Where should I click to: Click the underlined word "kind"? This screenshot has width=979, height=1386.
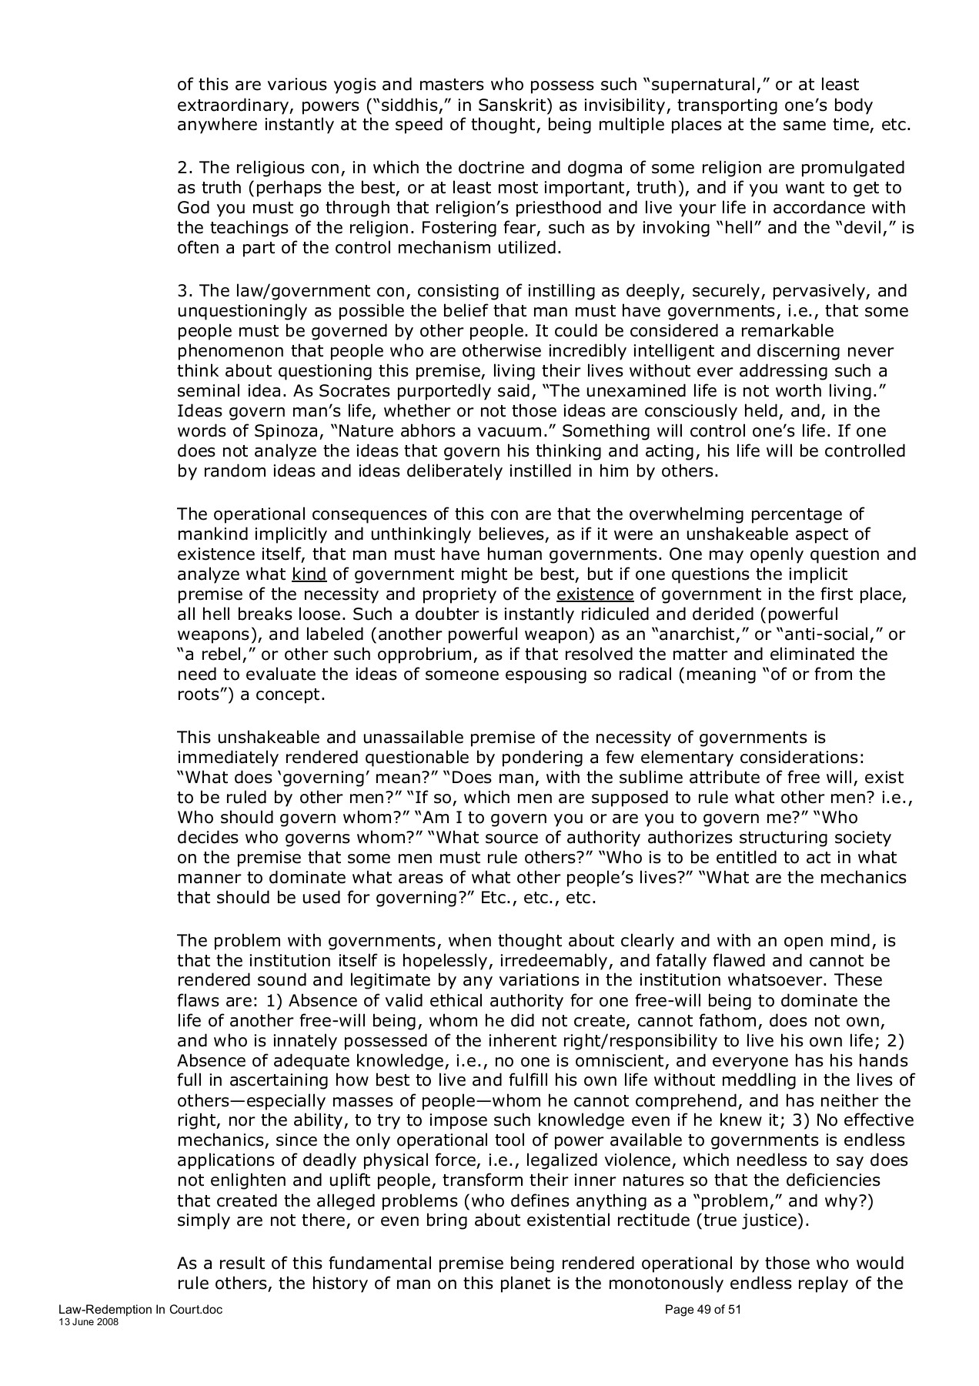pos(309,574)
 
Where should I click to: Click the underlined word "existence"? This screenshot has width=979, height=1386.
pos(595,594)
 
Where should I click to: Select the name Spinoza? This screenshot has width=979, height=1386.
pos(294,431)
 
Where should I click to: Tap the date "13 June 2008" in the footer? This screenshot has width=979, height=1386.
pos(89,1321)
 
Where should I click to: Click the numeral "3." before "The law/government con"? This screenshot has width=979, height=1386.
pos(185,292)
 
